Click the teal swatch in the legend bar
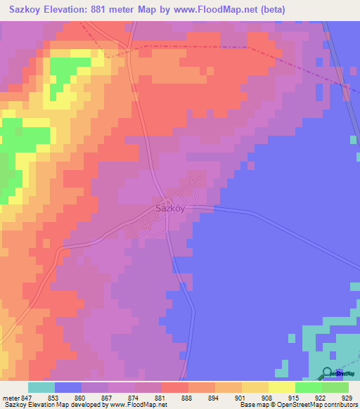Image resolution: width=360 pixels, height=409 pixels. [41, 387]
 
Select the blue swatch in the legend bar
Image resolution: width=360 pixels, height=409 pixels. [68, 387]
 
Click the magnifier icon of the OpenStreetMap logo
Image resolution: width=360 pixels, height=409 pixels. [327, 373]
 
